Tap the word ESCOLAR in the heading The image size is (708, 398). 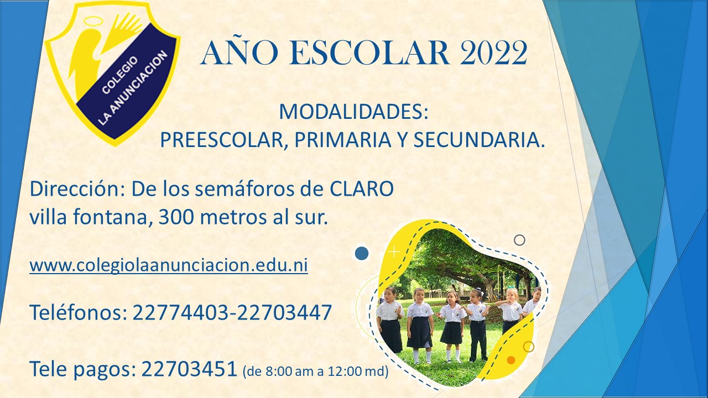coord(368,53)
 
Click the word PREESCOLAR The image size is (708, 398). coord(221,140)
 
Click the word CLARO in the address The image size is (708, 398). coord(362,189)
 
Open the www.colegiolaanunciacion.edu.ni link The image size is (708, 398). coord(169,265)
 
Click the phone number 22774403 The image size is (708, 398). coord(180,312)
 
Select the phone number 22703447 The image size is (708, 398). coord(284,312)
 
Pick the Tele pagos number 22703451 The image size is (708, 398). coord(189,369)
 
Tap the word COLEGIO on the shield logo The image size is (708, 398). coord(119,75)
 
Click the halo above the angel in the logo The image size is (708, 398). coord(92,21)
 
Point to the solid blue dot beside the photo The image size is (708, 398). coord(362,253)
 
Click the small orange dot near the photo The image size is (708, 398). coord(511,360)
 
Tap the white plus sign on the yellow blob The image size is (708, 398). coord(394,252)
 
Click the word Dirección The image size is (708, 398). coord(76,189)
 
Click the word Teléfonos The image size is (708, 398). coord(78,312)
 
